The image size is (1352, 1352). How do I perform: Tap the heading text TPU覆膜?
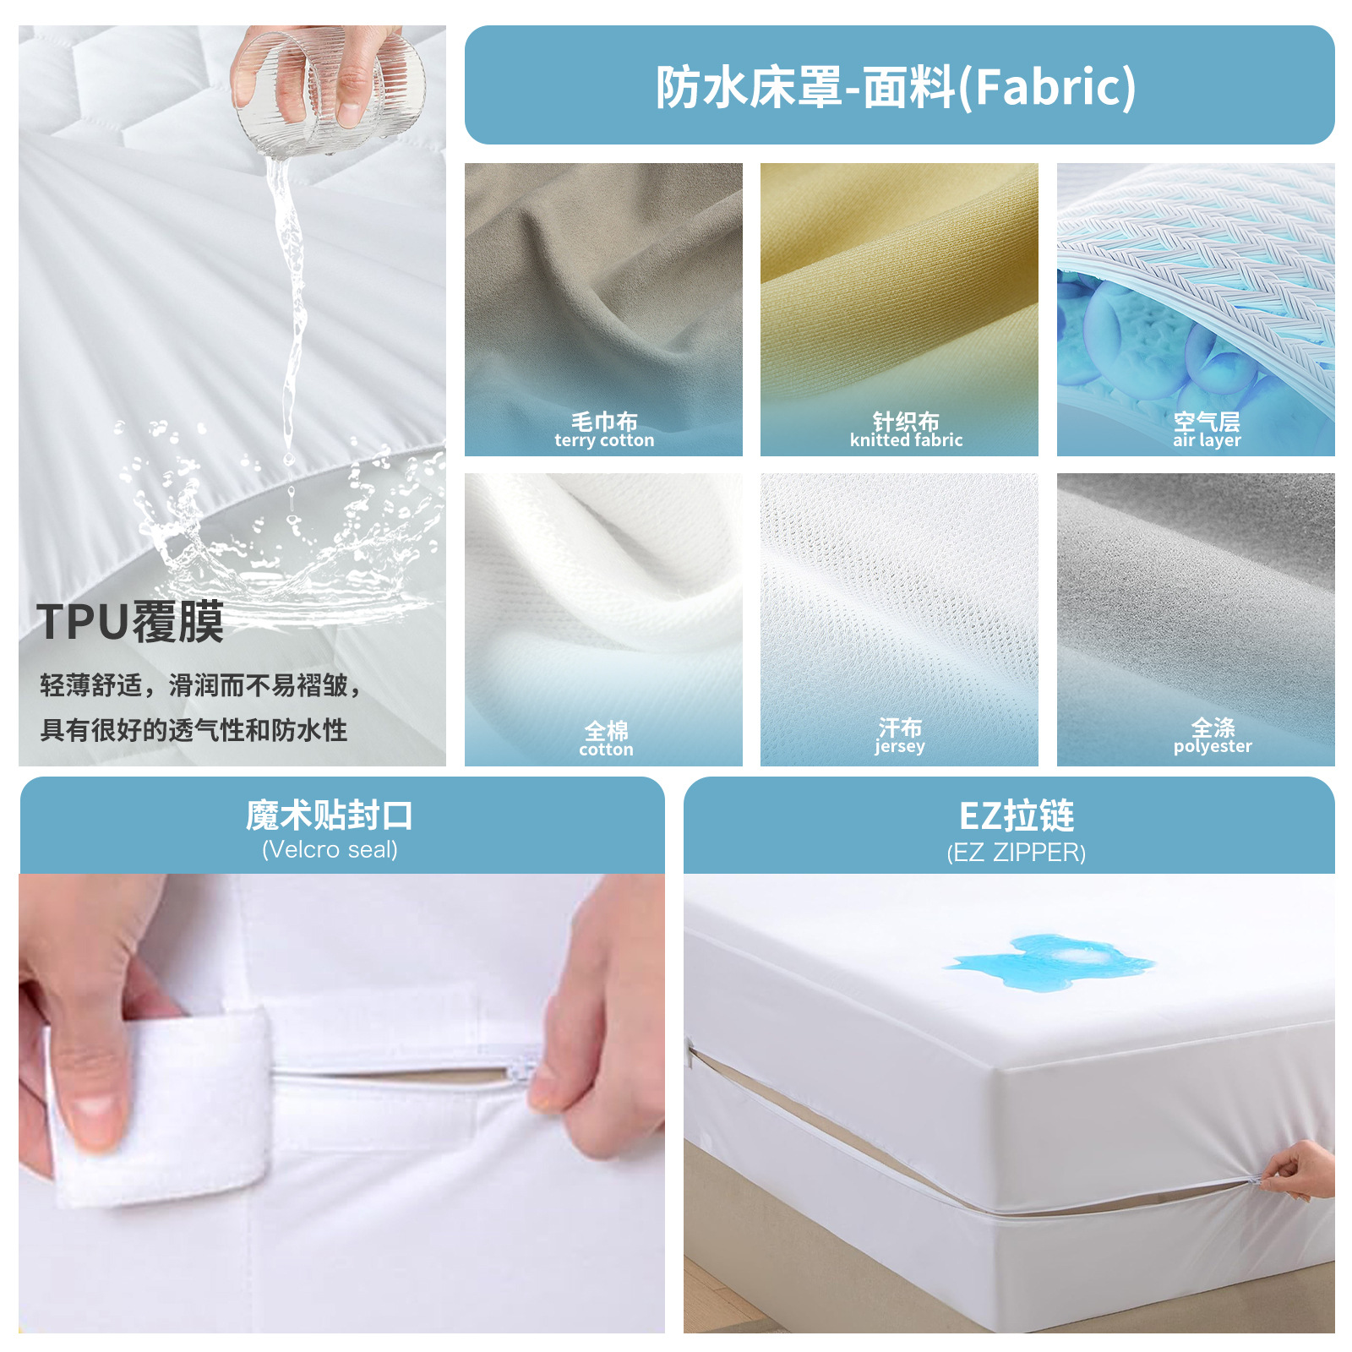(130, 623)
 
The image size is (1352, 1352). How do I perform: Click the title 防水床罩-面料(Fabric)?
(897, 86)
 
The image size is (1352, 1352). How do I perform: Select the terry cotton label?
(604, 430)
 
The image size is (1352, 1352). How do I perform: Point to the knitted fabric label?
(906, 430)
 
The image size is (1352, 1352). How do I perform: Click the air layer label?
(1207, 430)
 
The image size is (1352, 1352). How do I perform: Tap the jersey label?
(900, 736)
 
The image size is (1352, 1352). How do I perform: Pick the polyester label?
(1213, 736)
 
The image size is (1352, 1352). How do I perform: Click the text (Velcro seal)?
(330, 850)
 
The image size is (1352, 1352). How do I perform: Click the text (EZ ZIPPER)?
(1016, 853)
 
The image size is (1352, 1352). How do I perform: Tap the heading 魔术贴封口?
(330, 815)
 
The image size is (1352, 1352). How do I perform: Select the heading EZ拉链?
(1017, 815)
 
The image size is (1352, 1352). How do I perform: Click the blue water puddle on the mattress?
(1052, 961)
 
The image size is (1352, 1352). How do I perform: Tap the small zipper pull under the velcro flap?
(518, 1073)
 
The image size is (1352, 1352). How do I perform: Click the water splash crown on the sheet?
(279, 541)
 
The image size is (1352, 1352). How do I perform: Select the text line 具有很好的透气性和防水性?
(194, 730)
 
